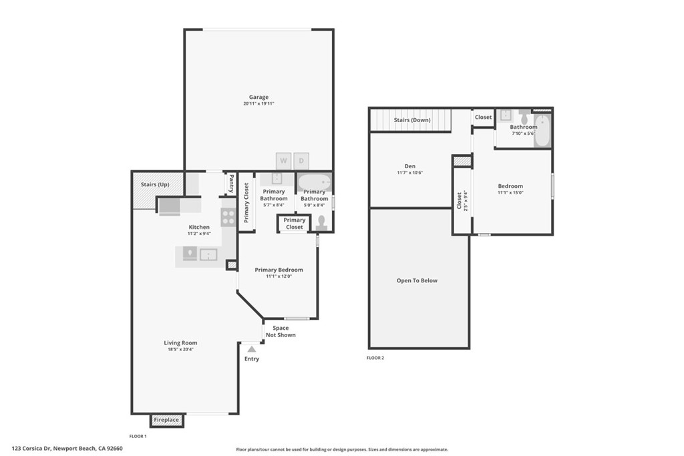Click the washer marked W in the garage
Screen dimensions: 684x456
[283, 161]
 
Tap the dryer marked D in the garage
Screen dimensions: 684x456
[301, 161]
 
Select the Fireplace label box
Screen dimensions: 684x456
[166, 420]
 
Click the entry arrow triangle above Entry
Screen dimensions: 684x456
[252, 349]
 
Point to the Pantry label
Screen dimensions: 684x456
[231, 184]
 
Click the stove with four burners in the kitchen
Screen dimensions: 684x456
[228, 217]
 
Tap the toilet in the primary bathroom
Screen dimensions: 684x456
[322, 223]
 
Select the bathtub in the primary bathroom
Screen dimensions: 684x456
[315, 182]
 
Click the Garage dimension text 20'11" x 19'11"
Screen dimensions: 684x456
[259, 103]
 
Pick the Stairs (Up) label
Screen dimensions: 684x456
[155, 184]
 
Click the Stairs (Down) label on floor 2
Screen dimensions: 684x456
[412, 120]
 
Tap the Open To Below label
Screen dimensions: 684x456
[417, 281]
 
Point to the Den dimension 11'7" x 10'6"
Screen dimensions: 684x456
[410, 173]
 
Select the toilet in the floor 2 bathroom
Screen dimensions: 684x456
[524, 116]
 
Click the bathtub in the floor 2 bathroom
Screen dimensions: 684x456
[542, 130]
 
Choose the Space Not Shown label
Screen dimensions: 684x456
[281, 331]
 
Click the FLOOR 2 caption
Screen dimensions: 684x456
[375, 358]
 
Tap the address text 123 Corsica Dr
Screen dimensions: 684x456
[31, 448]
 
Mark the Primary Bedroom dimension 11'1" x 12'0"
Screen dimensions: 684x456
[279, 276]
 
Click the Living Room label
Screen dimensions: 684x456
[180, 343]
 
